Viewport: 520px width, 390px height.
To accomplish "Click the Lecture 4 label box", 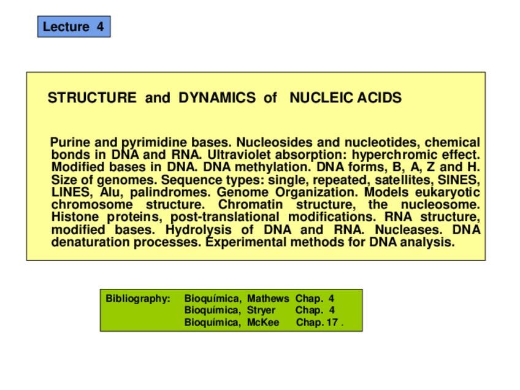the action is tap(74, 27).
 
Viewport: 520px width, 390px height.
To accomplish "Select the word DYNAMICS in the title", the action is tap(216, 97).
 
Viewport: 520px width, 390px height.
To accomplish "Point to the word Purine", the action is tap(71, 143).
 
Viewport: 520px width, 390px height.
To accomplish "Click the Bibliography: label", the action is tap(137, 299).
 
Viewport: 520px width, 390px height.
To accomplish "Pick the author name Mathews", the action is tap(268, 299).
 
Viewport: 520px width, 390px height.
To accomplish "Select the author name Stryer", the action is tap(261, 310).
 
